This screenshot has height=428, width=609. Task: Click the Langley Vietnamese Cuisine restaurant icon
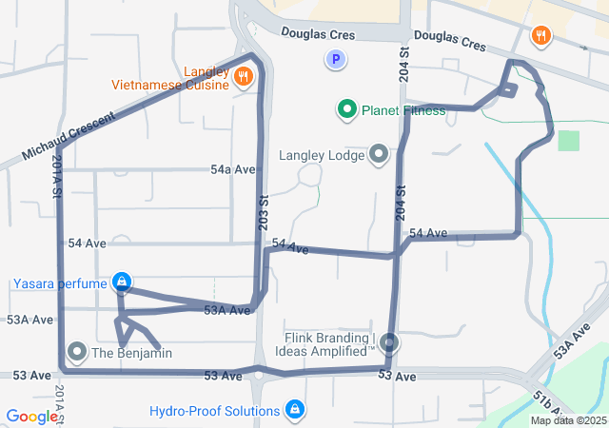[x=244, y=76]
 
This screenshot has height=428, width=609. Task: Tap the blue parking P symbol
[x=334, y=60]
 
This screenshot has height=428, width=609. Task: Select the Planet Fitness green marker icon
[x=347, y=110]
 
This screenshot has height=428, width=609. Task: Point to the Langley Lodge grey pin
[x=379, y=154]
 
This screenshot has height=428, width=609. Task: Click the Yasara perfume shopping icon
[x=121, y=282]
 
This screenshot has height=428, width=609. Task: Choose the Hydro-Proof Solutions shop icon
[x=296, y=411]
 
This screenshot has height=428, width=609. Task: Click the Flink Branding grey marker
[x=390, y=342]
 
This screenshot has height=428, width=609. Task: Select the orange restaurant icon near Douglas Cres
[x=540, y=37]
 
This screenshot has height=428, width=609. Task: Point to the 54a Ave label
[x=233, y=169]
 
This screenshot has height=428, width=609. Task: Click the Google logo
[x=32, y=417]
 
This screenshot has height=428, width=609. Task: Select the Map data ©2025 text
[x=568, y=420]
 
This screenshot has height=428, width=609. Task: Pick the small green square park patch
[x=568, y=140]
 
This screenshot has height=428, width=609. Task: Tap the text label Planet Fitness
[x=403, y=111]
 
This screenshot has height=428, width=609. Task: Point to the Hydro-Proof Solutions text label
[x=215, y=411]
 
